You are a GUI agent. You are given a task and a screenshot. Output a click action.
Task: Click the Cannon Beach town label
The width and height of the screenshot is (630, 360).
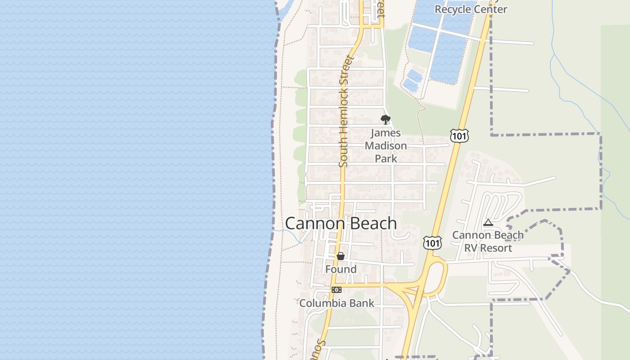pos(341,224)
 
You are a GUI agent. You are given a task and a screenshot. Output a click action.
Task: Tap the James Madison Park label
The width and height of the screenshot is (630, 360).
pos(386,146)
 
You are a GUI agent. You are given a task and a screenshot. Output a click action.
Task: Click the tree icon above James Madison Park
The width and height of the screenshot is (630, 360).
pos(385,119)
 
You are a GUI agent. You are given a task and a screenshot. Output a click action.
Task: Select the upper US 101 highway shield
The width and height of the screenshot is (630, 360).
pos(459,135)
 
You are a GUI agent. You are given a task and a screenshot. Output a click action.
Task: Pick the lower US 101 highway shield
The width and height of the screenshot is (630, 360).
pos(432,243)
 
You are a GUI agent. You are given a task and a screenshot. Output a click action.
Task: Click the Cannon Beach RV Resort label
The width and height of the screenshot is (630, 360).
pos(488,242)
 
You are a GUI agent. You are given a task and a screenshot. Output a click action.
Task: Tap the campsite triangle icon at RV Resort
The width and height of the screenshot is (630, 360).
pos(488,222)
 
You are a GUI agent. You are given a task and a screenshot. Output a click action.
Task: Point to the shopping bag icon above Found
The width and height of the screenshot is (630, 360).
pos(341,256)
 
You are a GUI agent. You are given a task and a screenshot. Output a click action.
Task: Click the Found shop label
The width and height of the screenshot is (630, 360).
pos(341,269)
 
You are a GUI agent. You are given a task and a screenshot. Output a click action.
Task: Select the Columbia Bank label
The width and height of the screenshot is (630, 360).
pos(337,303)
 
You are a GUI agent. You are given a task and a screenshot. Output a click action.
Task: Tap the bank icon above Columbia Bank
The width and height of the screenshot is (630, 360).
pos(336,290)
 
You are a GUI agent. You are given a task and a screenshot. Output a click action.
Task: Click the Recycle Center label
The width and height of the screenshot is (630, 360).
pos(471,9)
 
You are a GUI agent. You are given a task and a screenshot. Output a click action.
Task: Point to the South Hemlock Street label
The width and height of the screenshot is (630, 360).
pos(345,112)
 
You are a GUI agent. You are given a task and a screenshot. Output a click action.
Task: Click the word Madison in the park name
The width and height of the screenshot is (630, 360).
pos(386,146)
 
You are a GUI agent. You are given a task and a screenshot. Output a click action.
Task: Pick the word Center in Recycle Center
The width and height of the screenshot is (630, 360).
pos(490,9)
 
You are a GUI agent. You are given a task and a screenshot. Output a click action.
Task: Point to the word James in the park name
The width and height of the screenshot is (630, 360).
pos(386,133)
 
